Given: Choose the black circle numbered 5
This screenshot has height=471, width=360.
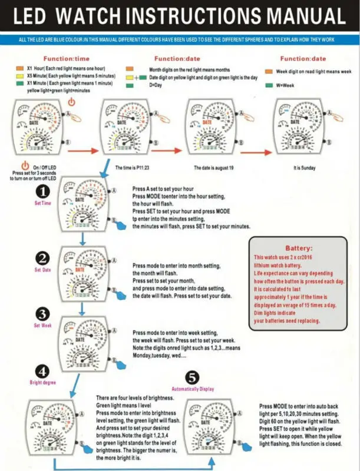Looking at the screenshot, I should click(191, 377).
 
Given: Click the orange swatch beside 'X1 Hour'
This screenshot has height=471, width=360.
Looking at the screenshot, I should click(20, 69).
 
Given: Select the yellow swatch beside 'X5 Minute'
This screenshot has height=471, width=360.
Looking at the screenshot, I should click(20, 77).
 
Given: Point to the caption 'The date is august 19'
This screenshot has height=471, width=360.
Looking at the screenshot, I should click(214, 168).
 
